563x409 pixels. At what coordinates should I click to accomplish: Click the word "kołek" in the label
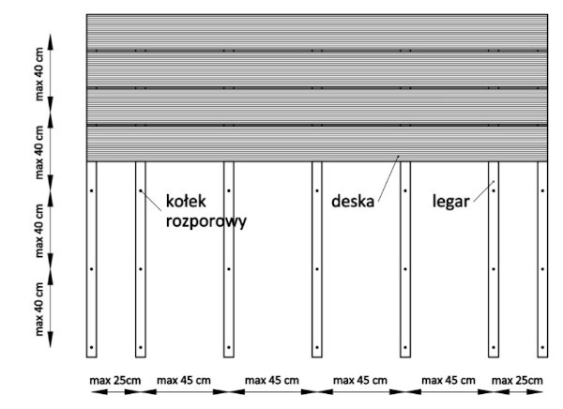[186, 201]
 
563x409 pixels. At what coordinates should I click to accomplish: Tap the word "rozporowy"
[206, 222]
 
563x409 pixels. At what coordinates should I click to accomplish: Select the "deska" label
[353, 201]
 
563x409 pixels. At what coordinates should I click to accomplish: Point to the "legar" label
[450, 201]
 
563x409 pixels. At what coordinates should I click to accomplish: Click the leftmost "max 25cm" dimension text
[114, 380]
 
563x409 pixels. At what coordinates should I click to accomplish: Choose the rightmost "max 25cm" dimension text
[517, 380]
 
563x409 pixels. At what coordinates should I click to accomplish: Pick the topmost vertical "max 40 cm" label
[39, 74]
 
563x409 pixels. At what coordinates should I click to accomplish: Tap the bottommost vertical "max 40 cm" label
[39, 310]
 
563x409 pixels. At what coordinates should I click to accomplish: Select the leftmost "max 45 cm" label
[184, 380]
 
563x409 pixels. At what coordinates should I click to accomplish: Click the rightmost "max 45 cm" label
[449, 380]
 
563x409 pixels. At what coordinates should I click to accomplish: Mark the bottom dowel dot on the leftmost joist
[92, 347]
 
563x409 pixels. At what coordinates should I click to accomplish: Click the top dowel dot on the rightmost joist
[542, 190]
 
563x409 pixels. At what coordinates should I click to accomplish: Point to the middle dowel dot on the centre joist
[317, 269]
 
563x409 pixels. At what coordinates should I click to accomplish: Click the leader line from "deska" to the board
[388, 177]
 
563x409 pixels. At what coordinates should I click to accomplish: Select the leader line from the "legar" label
[484, 191]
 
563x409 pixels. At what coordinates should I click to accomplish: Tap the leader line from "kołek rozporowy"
[151, 200]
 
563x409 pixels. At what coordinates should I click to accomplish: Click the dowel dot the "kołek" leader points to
[141, 190]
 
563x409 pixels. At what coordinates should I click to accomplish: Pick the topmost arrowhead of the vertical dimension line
[51, 41]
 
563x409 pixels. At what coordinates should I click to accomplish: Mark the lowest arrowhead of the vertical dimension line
[51, 341]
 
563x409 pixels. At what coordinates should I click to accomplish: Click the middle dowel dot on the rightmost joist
[542, 269]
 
